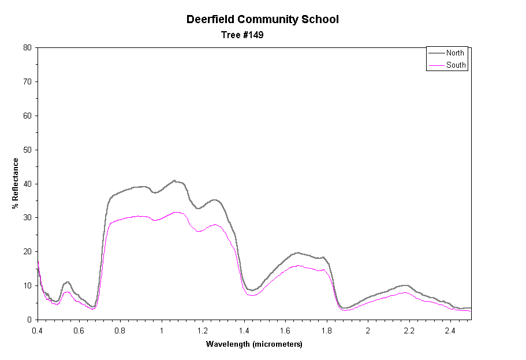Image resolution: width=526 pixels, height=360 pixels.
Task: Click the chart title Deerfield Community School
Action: pyautogui.click(x=262, y=19)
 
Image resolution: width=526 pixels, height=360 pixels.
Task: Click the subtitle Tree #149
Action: pyautogui.click(x=243, y=35)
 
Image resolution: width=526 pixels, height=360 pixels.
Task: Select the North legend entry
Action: pyautogui.click(x=455, y=53)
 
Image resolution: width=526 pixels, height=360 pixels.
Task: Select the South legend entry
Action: pyautogui.click(x=456, y=65)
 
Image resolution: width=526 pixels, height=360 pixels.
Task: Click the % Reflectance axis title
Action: pyautogui.click(x=16, y=183)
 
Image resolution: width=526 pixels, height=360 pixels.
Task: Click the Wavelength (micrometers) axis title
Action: pyautogui.click(x=254, y=344)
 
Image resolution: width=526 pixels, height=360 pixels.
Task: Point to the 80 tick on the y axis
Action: pyautogui.click(x=27, y=47)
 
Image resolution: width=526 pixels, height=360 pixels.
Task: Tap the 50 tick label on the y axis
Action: pyautogui.click(x=27, y=150)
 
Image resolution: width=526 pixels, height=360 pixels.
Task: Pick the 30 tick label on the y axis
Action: pyautogui.click(x=27, y=218)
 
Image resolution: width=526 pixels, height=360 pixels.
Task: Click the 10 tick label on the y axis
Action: pyautogui.click(x=27, y=285)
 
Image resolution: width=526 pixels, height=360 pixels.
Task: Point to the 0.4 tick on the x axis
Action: pyautogui.click(x=38, y=331)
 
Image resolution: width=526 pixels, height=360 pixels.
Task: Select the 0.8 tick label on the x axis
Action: pyautogui.click(x=120, y=331)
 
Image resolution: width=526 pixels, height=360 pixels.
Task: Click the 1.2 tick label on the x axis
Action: pyautogui.click(x=203, y=331)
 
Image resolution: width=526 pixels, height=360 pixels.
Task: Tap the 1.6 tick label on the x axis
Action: pyautogui.click(x=285, y=331)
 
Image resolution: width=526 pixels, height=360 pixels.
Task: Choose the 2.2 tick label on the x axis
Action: pyautogui.click(x=409, y=331)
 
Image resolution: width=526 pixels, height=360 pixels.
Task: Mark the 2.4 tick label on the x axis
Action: pyautogui.click(x=450, y=331)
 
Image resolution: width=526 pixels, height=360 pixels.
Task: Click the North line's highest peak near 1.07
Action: pyautogui.click(x=174, y=180)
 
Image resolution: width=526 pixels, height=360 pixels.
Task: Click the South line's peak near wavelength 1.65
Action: pyautogui.click(x=297, y=266)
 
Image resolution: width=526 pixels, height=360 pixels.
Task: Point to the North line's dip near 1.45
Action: pyautogui.click(x=252, y=290)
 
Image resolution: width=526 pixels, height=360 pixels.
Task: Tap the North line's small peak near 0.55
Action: pyautogui.click(x=68, y=282)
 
